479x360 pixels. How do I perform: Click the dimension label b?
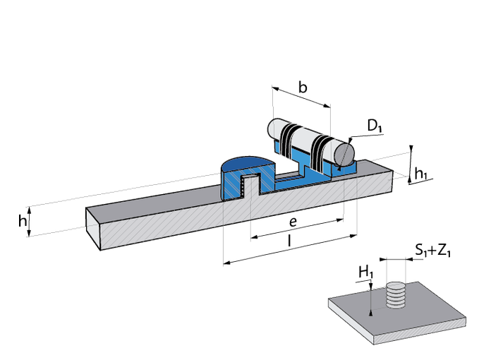[302, 88]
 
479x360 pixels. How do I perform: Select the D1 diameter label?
[375, 127]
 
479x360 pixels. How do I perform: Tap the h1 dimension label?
[421, 173]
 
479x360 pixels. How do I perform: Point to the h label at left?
[22, 221]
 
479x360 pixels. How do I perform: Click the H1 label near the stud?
[365, 272]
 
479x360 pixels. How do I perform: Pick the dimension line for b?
[301, 98]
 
